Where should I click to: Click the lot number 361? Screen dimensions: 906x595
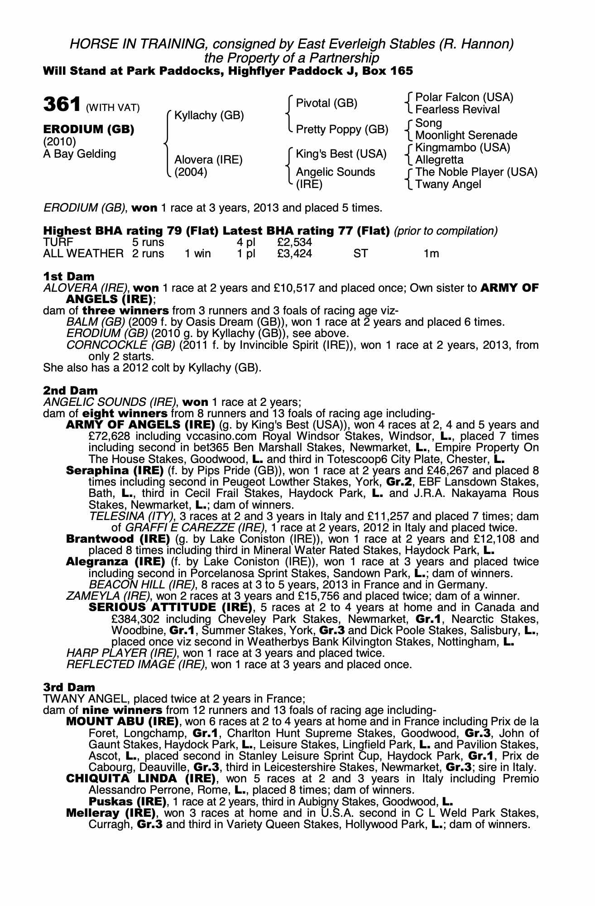point(62,105)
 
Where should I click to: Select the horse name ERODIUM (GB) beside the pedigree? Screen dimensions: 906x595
point(89,130)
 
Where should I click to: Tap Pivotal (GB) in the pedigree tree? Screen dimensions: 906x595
point(326,103)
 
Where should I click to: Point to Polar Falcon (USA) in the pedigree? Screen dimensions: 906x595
point(464,97)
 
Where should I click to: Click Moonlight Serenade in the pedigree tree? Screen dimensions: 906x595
point(466,135)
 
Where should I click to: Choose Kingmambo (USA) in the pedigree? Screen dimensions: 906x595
point(462,148)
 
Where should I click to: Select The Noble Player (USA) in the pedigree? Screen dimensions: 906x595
point(476,172)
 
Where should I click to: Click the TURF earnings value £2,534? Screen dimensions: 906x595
point(294,242)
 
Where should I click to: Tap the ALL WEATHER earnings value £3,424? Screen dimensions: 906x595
point(294,254)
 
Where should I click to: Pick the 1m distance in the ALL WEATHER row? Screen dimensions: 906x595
point(431,254)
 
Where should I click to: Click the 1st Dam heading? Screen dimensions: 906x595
point(69,276)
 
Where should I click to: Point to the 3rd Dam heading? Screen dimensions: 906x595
point(70,687)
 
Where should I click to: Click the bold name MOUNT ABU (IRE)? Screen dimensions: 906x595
point(122,721)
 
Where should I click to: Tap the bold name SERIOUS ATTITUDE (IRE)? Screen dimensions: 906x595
point(170,607)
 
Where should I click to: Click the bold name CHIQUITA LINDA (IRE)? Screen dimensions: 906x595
point(140,779)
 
